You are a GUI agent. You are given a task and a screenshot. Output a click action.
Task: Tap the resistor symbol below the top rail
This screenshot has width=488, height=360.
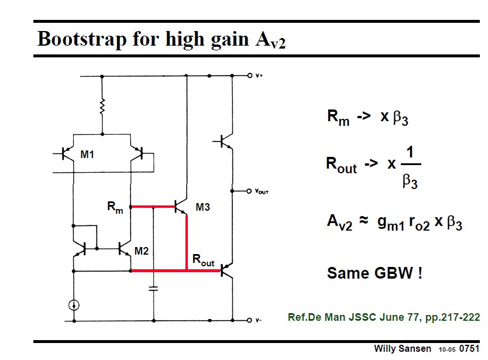(102, 107)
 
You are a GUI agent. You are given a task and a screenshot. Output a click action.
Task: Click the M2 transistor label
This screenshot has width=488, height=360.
(142, 251)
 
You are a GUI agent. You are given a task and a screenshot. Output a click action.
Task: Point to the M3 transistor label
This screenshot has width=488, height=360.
(203, 207)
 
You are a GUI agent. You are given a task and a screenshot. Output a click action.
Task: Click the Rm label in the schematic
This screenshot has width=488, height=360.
(115, 207)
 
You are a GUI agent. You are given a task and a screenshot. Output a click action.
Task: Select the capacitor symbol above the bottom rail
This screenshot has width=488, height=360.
(153, 289)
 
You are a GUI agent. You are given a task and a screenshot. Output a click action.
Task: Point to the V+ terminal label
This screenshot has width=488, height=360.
(259, 76)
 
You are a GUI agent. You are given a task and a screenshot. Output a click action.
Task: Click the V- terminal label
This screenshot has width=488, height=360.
(259, 321)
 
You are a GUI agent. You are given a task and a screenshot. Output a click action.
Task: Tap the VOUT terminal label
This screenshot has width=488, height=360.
(262, 191)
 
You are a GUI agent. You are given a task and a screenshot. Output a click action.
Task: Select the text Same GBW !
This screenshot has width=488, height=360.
(374, 273)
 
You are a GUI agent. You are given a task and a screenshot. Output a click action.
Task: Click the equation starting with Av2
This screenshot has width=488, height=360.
(394, 223)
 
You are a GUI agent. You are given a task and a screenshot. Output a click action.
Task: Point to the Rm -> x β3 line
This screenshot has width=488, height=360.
(367, 117)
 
